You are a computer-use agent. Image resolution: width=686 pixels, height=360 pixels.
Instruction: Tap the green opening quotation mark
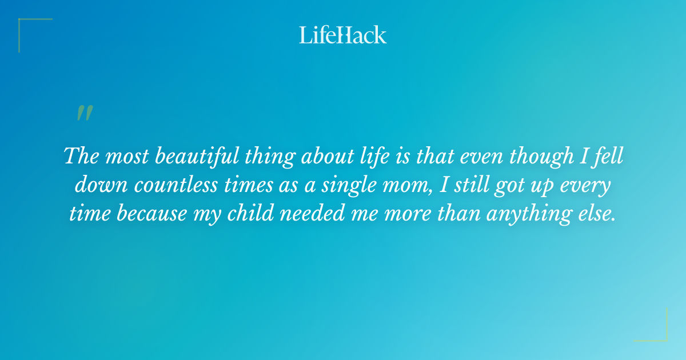click(85, 113)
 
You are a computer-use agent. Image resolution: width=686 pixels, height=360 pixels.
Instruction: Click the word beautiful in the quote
click(190, 156)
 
